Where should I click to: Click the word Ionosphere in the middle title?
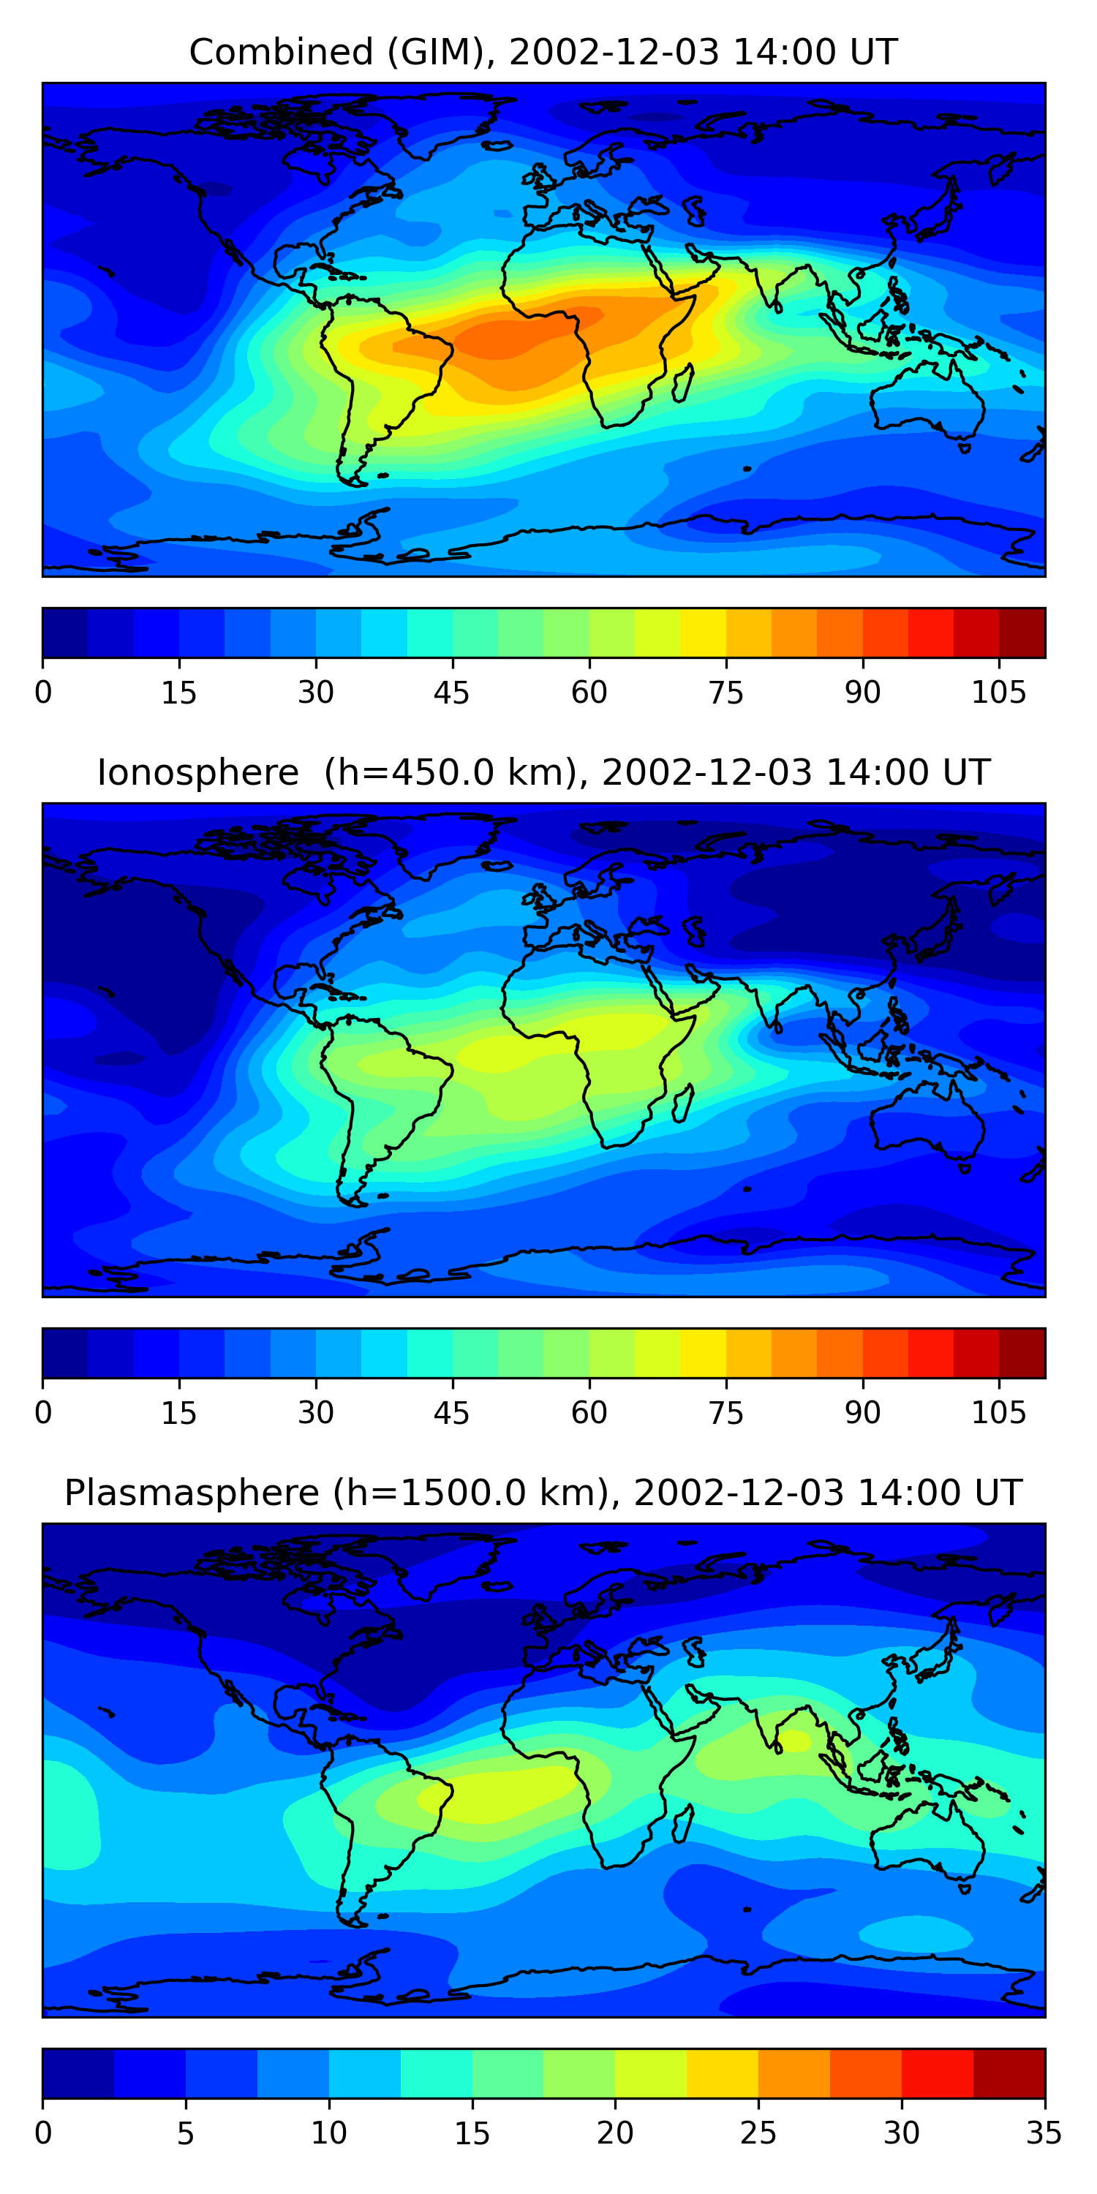pos(197,773)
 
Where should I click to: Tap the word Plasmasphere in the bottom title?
pos(191,1493)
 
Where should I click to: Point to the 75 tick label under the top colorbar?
pos(725,693)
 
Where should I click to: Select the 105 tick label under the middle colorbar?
pos(998,1413)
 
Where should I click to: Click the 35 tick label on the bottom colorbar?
pos(1044,2133)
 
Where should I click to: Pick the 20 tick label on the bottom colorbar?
pos(614,2133)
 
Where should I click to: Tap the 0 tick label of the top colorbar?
pos(43,693)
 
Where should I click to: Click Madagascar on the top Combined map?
pos(683,382)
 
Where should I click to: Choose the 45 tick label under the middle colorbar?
pos(451,1413)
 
